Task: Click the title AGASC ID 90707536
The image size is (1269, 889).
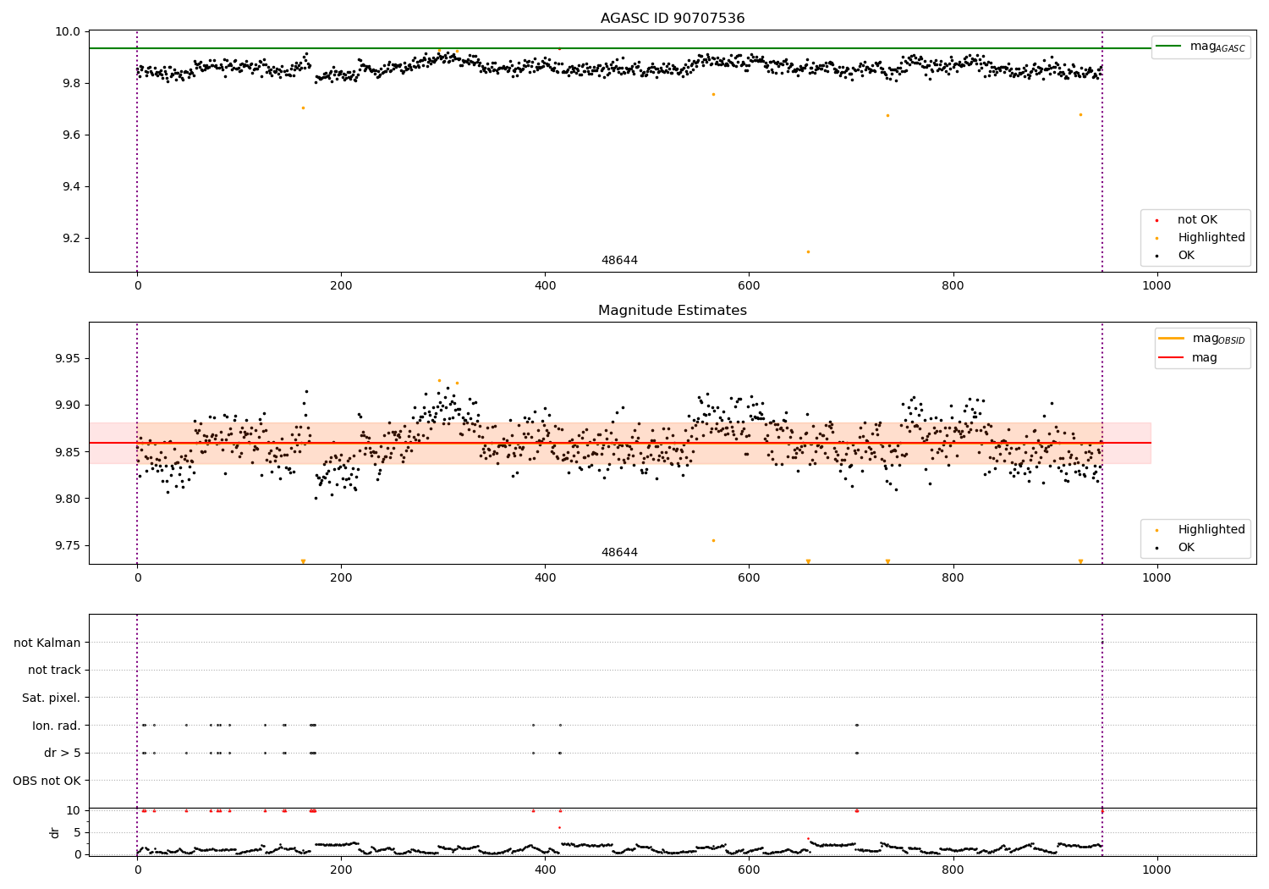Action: coord(673,19)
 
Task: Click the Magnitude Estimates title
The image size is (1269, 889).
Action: coord(673,311)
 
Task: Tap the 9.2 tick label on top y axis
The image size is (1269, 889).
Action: coord(68,238)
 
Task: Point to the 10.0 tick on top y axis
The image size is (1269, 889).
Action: coord(66,31)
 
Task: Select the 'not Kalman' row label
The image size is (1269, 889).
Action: coord(47,643)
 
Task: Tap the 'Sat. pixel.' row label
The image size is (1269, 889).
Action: coord(52,698)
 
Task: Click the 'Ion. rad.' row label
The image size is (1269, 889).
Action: coord(57,726)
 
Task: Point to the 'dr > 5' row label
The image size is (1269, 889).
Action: coord(63,753)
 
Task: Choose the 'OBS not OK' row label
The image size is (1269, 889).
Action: coord(47,781)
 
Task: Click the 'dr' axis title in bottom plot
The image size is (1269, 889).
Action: coord(55,832)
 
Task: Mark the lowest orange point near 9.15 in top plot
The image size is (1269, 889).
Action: coord(808,251)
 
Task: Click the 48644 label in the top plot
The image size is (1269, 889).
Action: coord(619,261)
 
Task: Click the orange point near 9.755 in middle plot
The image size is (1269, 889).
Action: coord(713,540)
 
